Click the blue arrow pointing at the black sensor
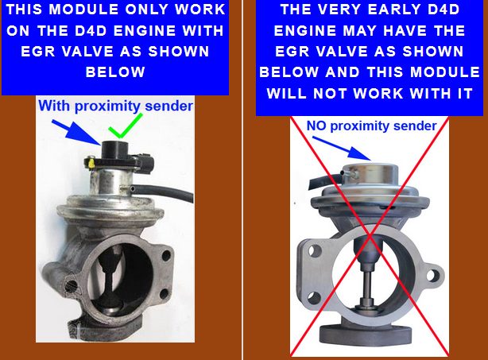(x=76, y=132)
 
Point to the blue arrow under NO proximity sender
(x=342, y=149)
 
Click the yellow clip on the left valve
(x=91, y=163)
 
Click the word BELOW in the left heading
(x=115, y=72)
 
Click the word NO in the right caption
(x=316, y=126)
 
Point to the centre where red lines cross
(x=370, y=237)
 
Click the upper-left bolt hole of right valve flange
(x=315, y=250)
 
